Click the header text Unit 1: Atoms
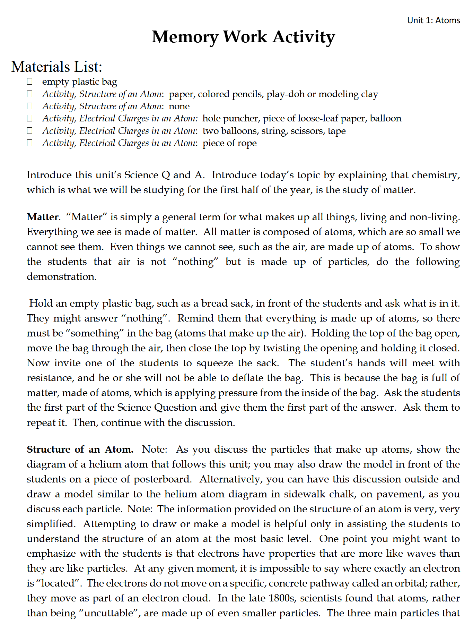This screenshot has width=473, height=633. point(433,20)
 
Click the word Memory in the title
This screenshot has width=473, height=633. point(185,37)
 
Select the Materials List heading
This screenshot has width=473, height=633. point(56,67)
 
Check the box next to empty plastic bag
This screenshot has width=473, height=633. point(30,82)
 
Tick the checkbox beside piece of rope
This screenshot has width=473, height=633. point(30,143)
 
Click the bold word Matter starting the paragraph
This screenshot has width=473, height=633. point(43,217)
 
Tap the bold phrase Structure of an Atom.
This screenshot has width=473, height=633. point(80,450)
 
